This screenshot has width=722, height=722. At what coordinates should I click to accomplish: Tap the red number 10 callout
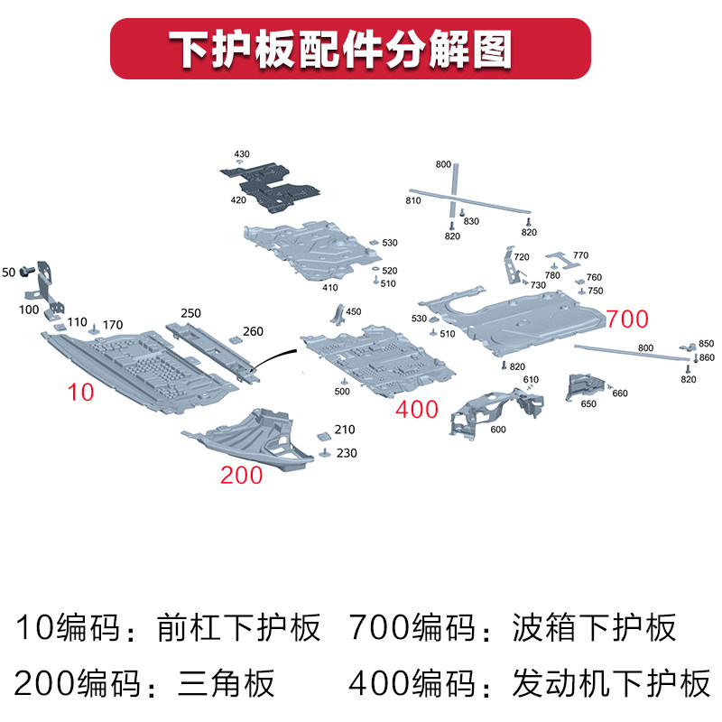coord(80,391)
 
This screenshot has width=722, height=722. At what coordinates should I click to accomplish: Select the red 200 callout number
coord(241,475)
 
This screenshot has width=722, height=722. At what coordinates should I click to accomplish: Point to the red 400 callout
coord(417,410)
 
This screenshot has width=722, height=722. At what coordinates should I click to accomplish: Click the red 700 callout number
coord(627,319)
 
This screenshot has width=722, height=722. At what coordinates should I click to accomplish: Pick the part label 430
coord(242,154)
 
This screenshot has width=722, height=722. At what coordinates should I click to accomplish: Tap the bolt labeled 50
coord(28,271)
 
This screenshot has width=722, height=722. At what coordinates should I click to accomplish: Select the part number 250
coord(190,312)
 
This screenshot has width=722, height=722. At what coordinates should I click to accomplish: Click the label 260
coord(253,331)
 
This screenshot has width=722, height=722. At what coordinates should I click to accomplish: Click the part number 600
coord(498,430)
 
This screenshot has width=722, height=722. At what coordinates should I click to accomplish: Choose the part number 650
coord(588,404)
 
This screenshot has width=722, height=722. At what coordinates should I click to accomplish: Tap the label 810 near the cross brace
coord(413,200)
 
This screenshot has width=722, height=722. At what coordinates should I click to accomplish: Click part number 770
coord(580,255)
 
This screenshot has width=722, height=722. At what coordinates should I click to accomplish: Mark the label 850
coord(706,344)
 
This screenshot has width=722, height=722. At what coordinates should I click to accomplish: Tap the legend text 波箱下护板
coord(593,627)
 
